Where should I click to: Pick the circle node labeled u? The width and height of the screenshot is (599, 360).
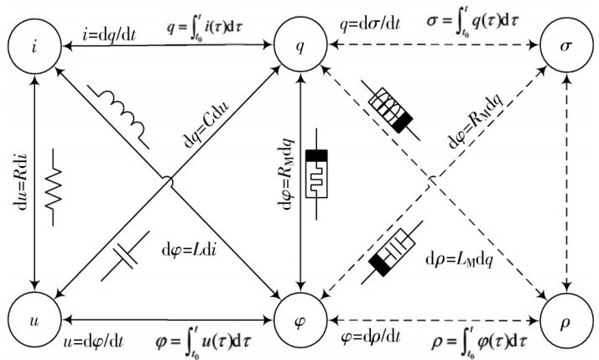[34, 320]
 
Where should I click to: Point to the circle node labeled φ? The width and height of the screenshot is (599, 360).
[301, 320]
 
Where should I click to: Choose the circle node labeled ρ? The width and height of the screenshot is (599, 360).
[565, 320]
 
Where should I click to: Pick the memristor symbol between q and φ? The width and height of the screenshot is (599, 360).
[316, 174]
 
